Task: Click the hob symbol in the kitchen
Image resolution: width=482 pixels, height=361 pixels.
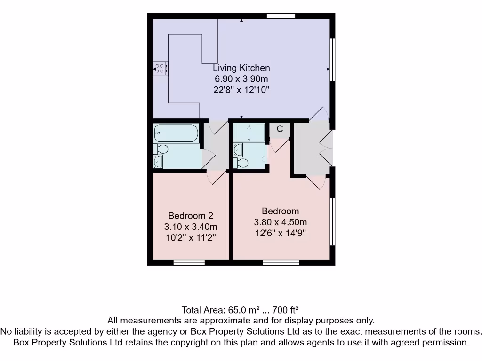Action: (160, 69)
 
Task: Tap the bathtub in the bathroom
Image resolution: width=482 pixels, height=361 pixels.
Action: (176, 133)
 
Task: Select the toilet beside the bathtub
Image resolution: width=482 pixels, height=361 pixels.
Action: (161, 149)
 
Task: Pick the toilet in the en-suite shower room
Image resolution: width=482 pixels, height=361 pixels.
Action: (241, 163)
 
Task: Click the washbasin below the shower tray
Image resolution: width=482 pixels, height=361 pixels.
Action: (238, 150)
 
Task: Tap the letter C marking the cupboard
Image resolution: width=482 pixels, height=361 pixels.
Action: (280, 129)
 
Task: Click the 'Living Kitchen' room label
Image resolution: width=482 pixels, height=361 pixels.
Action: (241, 68)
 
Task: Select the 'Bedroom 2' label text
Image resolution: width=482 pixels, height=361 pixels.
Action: (191, 216)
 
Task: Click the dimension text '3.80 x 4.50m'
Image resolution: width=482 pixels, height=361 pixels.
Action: (280, 222)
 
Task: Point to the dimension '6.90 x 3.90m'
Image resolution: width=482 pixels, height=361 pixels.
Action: (241, 79)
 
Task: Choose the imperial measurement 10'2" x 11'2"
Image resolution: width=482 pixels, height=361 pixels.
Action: (191, 238)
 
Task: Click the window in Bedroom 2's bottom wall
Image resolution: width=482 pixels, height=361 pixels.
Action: (189, 262)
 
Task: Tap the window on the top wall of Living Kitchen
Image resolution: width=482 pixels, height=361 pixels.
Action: (281, 16)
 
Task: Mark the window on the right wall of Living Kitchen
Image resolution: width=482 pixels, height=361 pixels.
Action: (332, 59)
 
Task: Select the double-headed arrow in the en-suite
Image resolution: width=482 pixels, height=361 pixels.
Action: (264, 159)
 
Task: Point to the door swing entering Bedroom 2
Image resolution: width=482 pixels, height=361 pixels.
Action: (217, 177)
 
